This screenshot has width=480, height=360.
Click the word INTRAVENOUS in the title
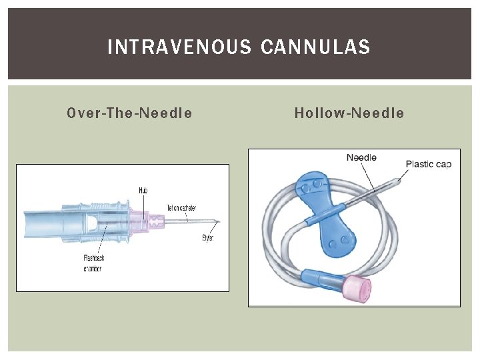[180, 47]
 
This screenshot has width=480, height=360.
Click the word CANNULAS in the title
[316, 47]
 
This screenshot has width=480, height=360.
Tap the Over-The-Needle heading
[129, 113]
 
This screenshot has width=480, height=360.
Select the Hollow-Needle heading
[349, 113]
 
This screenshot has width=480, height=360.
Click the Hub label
[143, 191]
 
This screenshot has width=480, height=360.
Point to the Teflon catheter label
[181, 208]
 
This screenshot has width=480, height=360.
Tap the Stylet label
[207, 238]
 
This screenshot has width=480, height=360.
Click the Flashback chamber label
[93, 263]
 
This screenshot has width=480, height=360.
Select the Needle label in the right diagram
[361, 158]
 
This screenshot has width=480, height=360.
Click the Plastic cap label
[429, 164]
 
